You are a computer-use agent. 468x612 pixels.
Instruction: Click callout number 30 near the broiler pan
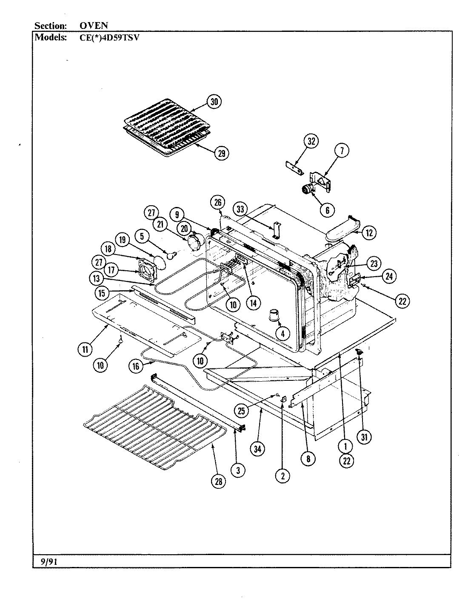[x=214, y=102]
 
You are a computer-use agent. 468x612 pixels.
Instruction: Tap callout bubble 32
[x=311, y=142]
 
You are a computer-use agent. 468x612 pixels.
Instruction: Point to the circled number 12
[x=369, y=232]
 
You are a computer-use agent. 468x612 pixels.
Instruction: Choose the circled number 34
[x=257, y=449]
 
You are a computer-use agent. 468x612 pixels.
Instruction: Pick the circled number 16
[x=136, y=366]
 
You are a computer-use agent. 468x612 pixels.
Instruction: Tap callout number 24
[x=389, y=277]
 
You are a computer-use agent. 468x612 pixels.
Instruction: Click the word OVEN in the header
[x=94, y=25]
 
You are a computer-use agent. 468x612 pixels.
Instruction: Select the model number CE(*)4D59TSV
[x=110, y=37]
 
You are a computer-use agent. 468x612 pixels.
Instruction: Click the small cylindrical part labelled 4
[x=272, y=315]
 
